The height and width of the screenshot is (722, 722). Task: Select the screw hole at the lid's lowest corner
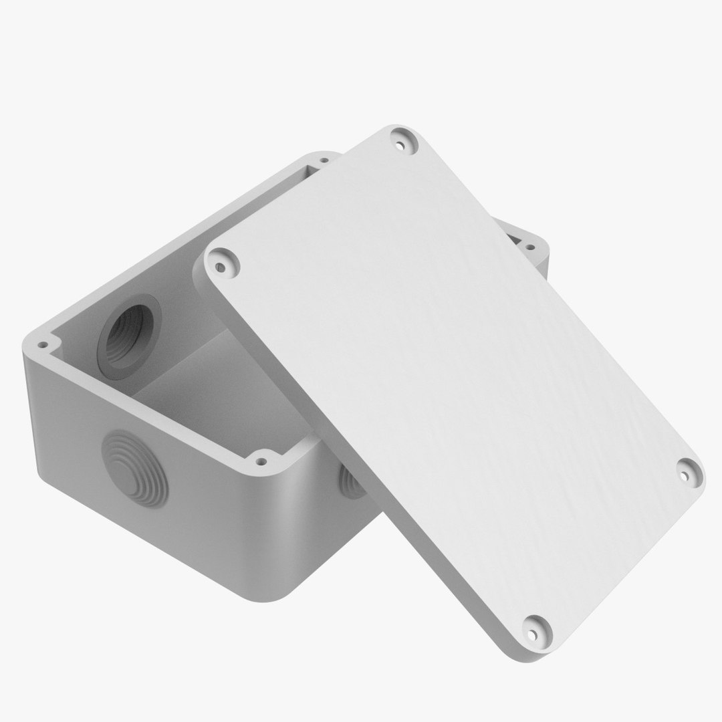pyautogui.click(x=533, y=630)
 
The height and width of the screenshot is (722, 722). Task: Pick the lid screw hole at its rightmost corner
pyautogui.click(x=685, y=475)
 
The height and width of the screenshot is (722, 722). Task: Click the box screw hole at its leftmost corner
pyautogui.click(x=42, y=346)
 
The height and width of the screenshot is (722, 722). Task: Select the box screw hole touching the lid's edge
pyautogui.click(x=261, y=461)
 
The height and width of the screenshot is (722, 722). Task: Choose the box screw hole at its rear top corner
pyautogui.click(x=324, y=160)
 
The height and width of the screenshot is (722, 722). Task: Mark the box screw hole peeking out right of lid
pyautogui.click(x=530, y=247)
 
